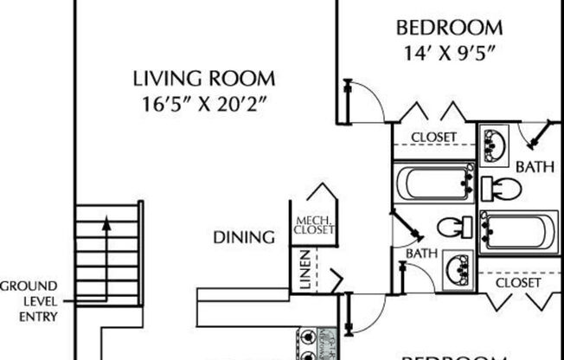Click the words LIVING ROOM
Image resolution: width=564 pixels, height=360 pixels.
point(204,79)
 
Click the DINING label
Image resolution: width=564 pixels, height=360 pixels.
point(245,236)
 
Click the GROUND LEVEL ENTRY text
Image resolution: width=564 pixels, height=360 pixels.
point(29,300)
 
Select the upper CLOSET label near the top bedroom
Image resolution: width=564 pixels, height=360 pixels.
point(433,138)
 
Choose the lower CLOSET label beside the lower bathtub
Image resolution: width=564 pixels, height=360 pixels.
point(518,282)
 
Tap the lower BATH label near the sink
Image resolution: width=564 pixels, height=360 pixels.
point(420,253)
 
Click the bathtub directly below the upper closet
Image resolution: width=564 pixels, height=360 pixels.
point(433,183)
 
